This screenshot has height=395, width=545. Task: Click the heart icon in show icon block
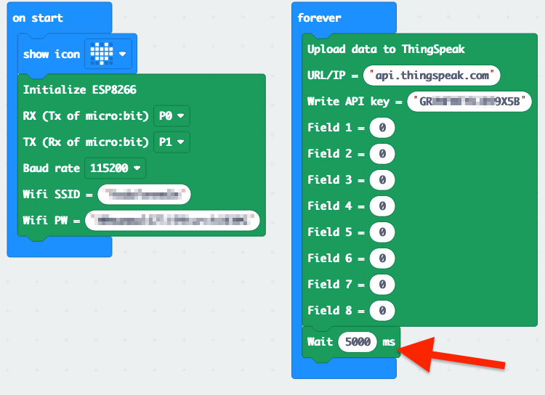click(x=101, y=53)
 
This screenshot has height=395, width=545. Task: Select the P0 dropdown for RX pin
click(x=171, y=115)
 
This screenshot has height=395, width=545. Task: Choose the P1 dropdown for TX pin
click(x=171, y=142)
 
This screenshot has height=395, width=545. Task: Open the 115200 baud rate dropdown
click(x=116, y=168)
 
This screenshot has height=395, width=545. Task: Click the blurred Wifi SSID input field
click(x=143, y=195)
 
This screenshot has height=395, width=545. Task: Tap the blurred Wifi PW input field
click(x=171, y=220)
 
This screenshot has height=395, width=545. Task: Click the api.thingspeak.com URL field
click(x=434, y=75)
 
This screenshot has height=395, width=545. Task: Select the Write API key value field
click(x=469, y=101)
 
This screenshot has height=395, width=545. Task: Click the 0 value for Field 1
click(x=382, y=129)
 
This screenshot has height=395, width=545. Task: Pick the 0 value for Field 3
click(x=382, y=180)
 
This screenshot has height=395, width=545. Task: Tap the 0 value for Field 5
click(x=382, y=232)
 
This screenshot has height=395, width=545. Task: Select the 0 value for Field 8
click(x=382, y=311)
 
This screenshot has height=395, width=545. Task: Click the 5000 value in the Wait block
click(x=358, y=341)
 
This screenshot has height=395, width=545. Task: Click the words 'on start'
click(x=38, y=17)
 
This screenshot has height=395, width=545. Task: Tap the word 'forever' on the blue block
click(x=320, y=17)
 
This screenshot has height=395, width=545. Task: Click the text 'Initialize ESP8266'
click(x=79, y=90)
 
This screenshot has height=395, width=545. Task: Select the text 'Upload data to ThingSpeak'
click(x=386, y=49)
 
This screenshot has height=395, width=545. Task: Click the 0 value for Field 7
click(x=382, y=285)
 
